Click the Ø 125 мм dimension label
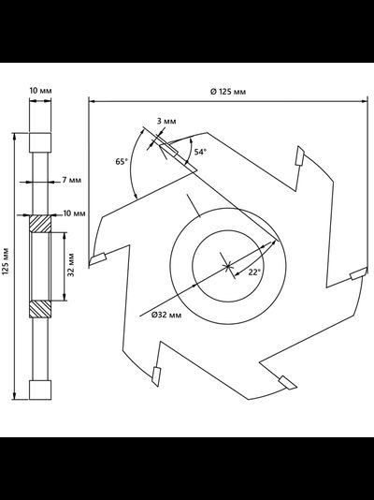click(x=228, y=92)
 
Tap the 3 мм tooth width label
click(x=166, y=121)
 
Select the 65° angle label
click(x=122, y=162)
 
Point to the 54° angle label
click(x=200, y=152)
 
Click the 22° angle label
click(x=254, y=272)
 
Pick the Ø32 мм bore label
click(x=166, y=315)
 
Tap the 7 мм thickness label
click(x=72, y=180)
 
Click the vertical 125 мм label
click(x=6, y=261)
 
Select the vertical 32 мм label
click(x=71, y=265)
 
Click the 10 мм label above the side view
click(x=40, y=91)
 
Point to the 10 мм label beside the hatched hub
click(x=74, y=213)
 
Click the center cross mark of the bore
click(x=227, y=266)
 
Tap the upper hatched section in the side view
click(x=40, y=224)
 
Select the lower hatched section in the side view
click(x=40, y=309)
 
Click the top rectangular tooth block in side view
click(x=40, y=142)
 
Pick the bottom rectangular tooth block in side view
click(x=40, y=390)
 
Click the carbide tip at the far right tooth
click(x=358, y=273)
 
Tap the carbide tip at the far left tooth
click(x=98, y=259)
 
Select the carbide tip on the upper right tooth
click(x=299, y=156)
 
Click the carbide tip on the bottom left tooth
click(x=156, y=376)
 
